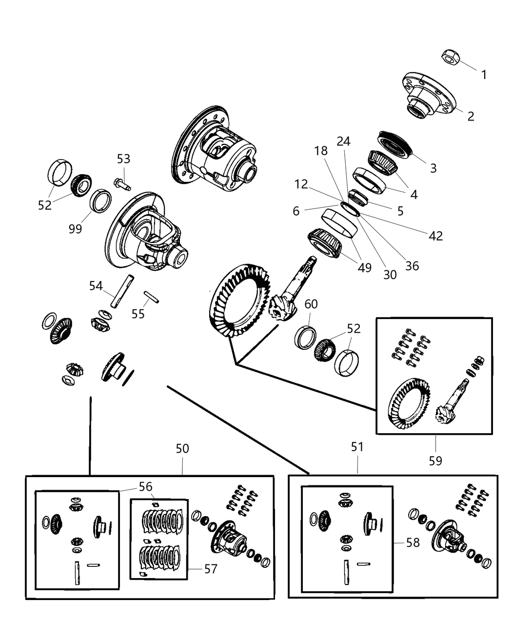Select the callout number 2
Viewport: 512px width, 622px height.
(470, 116)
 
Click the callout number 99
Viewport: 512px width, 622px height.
(75, 229)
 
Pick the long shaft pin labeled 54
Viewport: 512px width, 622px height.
(122, 292)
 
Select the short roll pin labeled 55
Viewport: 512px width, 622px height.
(151, 297)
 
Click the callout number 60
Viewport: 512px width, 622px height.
(311, 304)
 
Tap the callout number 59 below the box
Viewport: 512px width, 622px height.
(435, 460)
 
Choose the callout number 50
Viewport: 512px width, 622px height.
(182, 448)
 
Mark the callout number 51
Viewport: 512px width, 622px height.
(357, 446)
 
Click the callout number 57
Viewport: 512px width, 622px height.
(210, 569)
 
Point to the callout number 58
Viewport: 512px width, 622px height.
(413, 542)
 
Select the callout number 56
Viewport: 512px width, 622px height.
(145, 486)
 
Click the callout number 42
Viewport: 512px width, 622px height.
(435, 236)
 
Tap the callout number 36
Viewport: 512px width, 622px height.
(412, 266)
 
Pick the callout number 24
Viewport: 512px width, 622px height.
(343, 141)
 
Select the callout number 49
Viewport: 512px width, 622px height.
(364, 267)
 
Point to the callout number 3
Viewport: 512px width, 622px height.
(433, 168)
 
